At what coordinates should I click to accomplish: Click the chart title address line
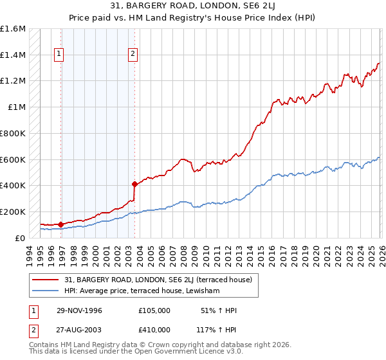(x=193, y=5)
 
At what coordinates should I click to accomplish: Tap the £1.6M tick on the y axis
(x=13, y=29)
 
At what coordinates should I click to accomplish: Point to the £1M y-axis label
(x=17, y=107)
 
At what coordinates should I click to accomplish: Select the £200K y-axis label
(x=13, y=212)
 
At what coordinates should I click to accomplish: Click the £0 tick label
(x=21, y=238)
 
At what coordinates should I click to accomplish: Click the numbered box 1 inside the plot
(x=59, y=55)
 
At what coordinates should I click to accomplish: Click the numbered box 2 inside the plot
(x=133, y=55)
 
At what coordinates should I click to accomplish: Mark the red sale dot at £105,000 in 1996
(x=61, y=224)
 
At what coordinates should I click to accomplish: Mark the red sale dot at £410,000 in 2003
(x=134, y=184)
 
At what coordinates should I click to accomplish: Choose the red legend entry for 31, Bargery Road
(x=144, y=280)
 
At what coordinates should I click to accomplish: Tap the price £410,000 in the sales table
(x=154, y=329)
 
